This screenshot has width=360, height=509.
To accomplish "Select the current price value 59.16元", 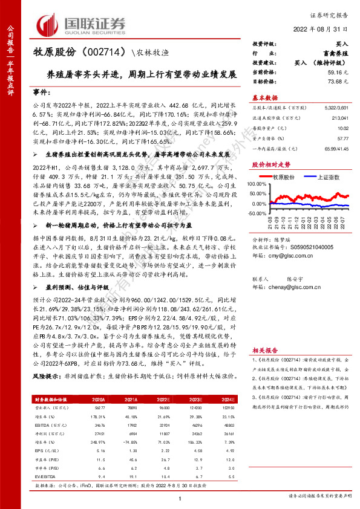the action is pyautogui.click(x=337, y=71).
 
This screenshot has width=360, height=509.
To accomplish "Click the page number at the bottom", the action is pyautogui.click(x=180, y=499).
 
